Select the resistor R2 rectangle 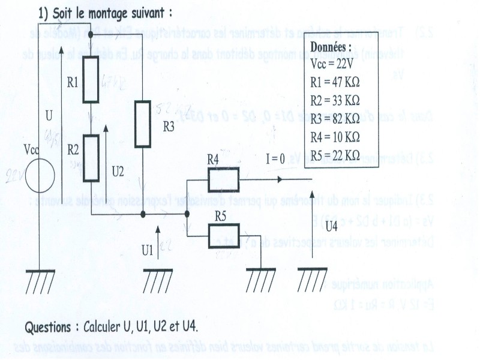point(91,158)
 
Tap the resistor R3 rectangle point(143,124)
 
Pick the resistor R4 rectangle point(223,179)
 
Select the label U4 point(331,226)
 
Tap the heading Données point(331,47)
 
